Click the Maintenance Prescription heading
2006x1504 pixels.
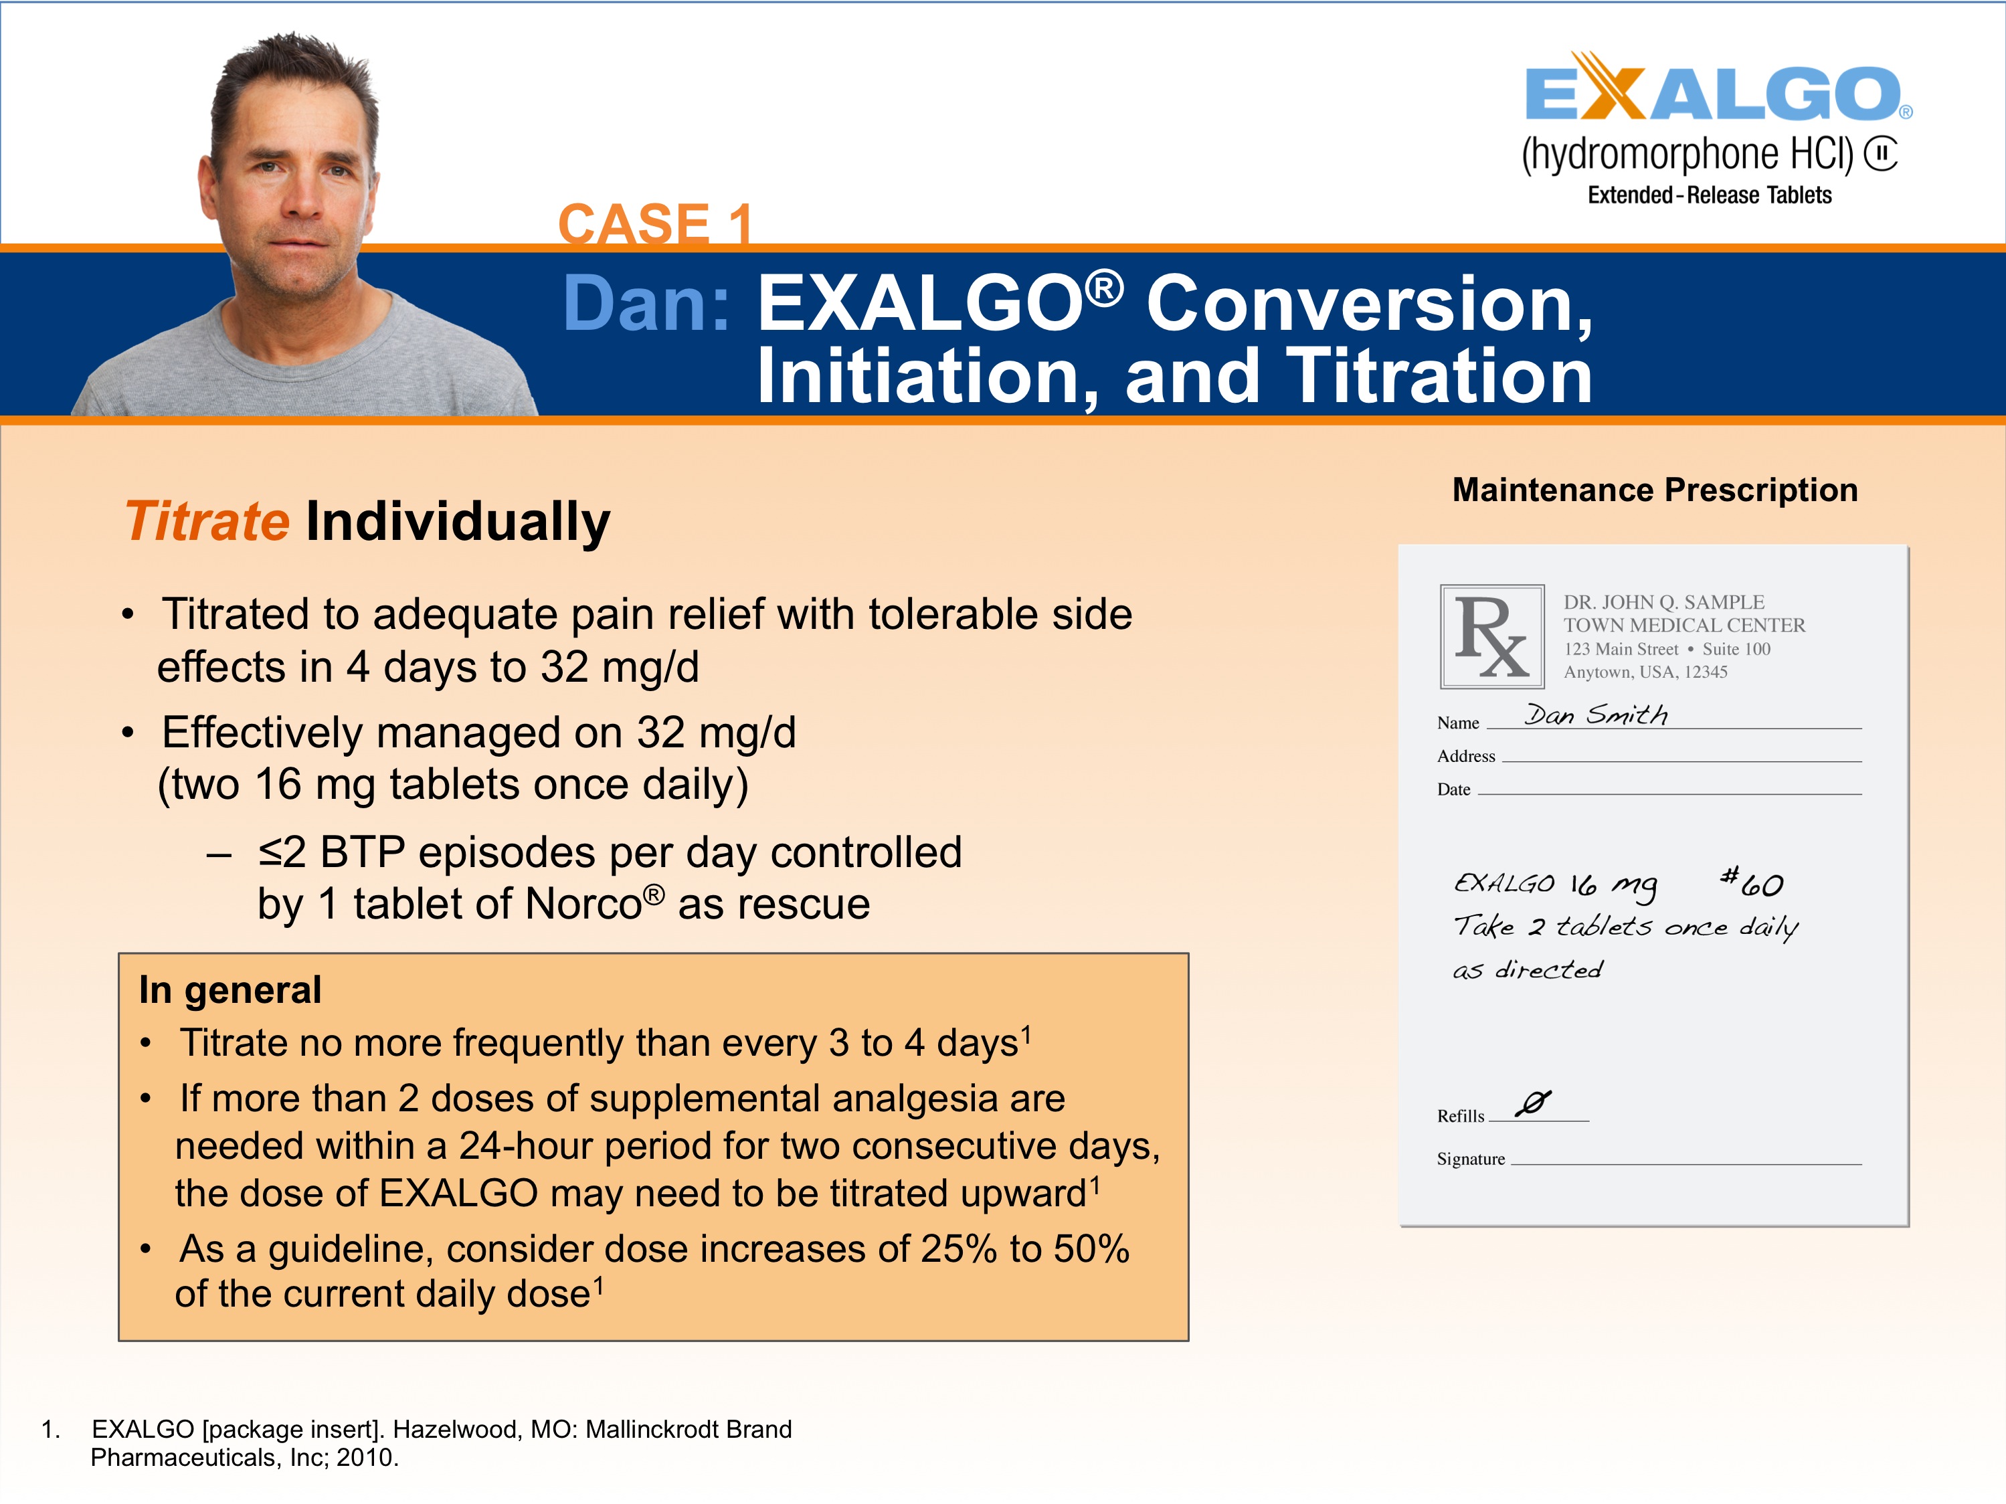(x=1654, y=490)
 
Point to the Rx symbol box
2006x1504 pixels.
(x=1492, y=636)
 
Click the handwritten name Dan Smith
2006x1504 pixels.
(x=1595, y=715)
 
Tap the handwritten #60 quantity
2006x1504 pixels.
(x=1752, y=882)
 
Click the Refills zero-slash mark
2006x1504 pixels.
(x=1534, y=1103)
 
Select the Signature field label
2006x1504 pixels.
(x=1470, y=1159)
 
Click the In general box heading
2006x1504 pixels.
(x=230, y=990)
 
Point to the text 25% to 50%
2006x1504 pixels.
(x=1025, y=1249)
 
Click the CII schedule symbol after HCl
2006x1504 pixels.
(x=1881, y=153)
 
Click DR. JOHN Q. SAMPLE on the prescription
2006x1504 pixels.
(x=1663, y=602)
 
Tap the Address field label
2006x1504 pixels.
(x=1465, y=756)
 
